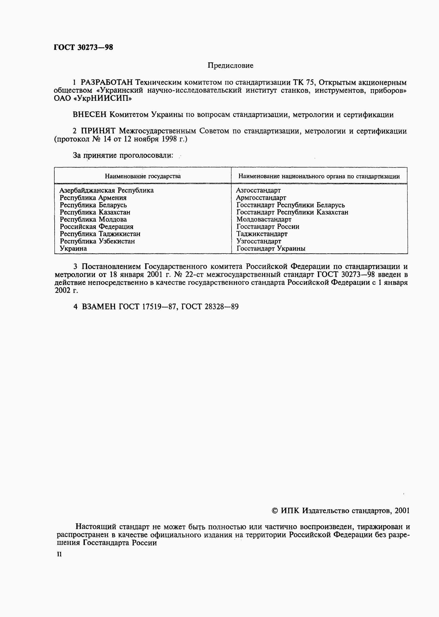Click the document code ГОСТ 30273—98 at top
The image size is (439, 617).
(x=83, y=48)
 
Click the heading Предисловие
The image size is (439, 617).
(x=230, y=66)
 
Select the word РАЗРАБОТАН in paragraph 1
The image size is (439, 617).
(x=107, y=82)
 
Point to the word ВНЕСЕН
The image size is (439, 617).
(x=90, y=115)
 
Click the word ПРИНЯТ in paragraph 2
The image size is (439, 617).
(x=98, y=131)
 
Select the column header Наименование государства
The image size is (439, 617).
(x=143, y=177)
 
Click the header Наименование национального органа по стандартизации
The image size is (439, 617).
(x=319, y=177)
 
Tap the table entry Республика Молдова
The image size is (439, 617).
(x=93, y=219)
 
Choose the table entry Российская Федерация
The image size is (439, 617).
(x=96, y=227)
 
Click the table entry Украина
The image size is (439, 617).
(x=73, y=249)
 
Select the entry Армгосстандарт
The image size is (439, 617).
(x=261, y=198)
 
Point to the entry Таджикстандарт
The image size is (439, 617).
(x=262, y=234)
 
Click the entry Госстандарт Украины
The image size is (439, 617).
(x=271, y=249)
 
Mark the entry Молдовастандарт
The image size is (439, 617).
(x=264, y=219)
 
